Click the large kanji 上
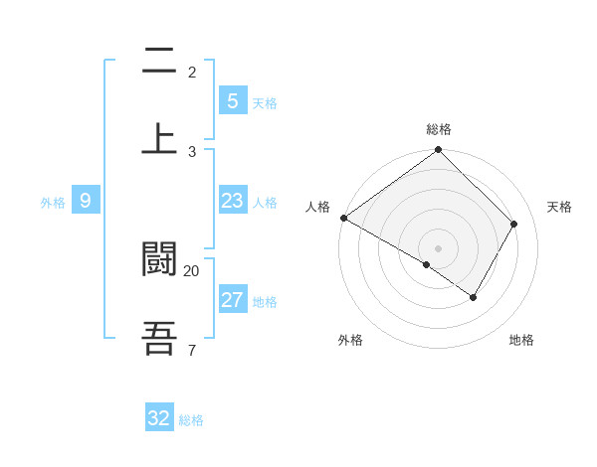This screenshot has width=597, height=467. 160,138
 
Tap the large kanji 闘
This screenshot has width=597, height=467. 160,259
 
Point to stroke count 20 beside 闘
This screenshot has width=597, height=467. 191,270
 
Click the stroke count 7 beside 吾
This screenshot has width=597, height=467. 191,350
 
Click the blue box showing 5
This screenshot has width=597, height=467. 232,101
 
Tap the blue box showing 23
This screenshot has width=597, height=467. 232,202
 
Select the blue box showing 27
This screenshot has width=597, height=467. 232,301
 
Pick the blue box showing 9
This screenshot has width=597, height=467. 86,202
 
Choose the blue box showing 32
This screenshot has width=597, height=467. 159,418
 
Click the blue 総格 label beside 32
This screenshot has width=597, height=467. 191,420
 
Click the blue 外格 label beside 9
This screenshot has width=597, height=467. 53,203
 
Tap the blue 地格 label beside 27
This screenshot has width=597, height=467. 265,302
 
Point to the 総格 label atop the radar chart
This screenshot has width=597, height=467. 439,129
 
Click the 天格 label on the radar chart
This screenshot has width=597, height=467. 559,207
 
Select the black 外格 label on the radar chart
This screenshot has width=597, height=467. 350,341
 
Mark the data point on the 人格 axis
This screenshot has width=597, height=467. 343,218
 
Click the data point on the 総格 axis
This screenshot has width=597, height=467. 439,151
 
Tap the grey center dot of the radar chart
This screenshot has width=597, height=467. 439,248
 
